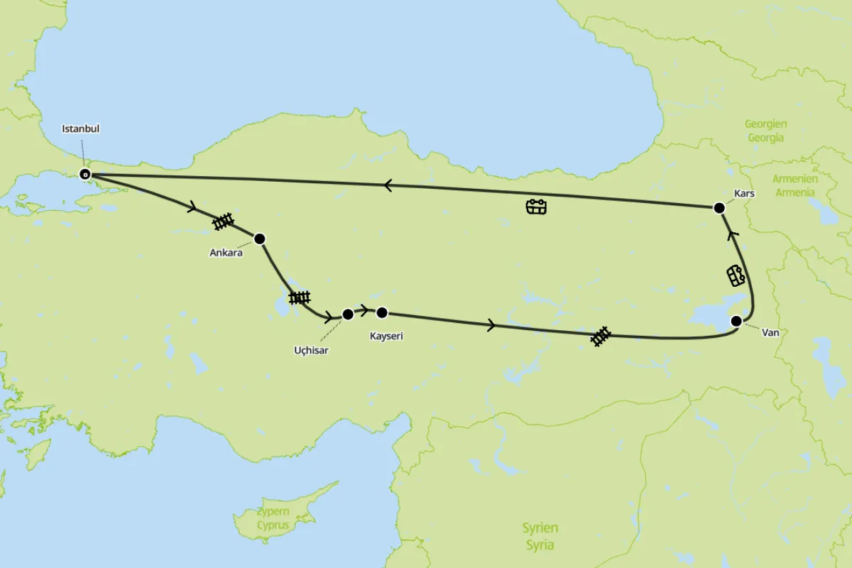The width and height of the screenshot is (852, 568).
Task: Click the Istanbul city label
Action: click(x=81, y=129)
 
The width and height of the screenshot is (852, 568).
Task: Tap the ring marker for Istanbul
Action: click(x=85, y=174)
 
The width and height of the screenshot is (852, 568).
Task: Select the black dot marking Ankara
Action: click(x=259, y=239)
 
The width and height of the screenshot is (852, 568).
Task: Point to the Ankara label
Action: click(x=226, y=252)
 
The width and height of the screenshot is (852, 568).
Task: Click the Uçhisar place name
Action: click(x=311, y=350)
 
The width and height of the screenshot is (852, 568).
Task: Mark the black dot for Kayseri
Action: click(x=382, y=312)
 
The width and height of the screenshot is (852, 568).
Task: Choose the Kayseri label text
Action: click(x=386, y=336)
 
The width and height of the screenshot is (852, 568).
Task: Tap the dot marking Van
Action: click(x=736, y=321)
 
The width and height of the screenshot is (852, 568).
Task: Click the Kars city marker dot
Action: click(x=719, y=208)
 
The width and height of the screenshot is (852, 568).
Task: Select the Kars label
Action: click(x=744, y=193)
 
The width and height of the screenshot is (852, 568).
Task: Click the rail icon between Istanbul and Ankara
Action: click(x=224, y=222)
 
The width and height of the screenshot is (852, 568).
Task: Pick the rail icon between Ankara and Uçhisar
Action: click(x=300, y=297)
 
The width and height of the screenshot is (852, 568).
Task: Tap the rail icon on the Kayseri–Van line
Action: click(x=601, y=337)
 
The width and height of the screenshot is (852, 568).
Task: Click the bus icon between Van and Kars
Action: click(x=736, y=275)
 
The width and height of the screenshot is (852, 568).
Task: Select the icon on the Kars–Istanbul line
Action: click(x=536, y=207)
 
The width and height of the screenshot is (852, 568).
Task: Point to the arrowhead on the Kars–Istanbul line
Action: click(x=388, y=185)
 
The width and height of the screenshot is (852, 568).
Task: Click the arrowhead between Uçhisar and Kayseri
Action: click(x=364, y=310)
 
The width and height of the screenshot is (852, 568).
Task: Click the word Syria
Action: click(x=540, y=545)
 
